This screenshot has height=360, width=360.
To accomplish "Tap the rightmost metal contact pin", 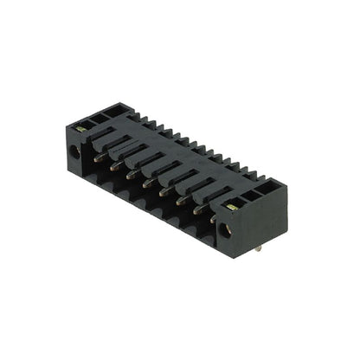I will click(212, 218).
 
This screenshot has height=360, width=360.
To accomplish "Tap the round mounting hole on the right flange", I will click(228, 229).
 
